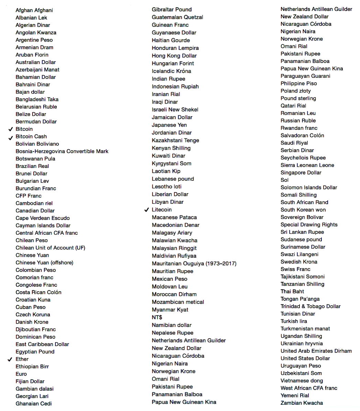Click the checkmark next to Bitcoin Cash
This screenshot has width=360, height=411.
tap(11, 137)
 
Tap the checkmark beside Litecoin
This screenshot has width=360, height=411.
tap(147, 210)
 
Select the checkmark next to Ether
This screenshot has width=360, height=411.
tap(10, 359)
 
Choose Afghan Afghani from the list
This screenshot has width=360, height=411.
tap(34, 10)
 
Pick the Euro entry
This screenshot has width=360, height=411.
tap(21, 374)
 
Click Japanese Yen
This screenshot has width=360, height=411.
tap(169, 125)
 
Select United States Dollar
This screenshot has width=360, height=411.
tap(305, 358)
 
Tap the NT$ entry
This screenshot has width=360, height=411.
tap(157, 317)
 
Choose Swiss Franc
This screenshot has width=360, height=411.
tap(295, 269)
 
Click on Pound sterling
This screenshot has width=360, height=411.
tap(298, 98)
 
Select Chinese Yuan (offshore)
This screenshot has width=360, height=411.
tap(44, 263)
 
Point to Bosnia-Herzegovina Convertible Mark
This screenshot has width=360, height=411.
tap(62, 151)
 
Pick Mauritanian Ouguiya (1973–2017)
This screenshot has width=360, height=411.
tap(194, 264)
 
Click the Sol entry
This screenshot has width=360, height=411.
tap(284, 180)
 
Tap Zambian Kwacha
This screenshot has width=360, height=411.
tap(302, 403)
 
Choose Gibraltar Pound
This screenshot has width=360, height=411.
tap(172, 9)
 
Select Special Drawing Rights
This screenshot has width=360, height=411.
tap(309, 224)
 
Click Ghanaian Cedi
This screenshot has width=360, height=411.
tap(33, 403)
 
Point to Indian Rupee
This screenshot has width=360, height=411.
tap(168, 79)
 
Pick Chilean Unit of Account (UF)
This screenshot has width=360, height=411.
tap(50, 248)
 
